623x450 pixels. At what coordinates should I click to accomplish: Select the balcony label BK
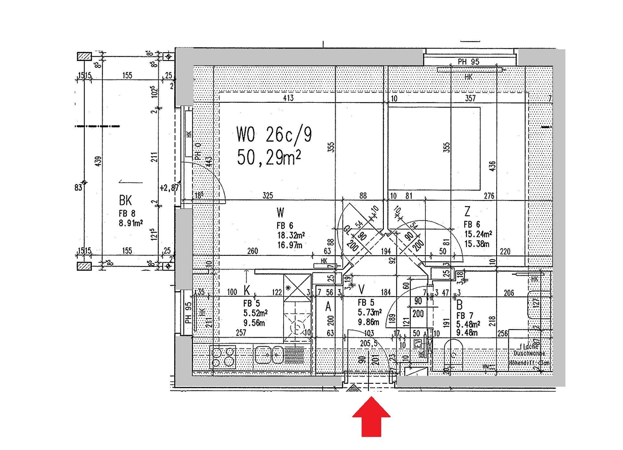[x=125, y=201]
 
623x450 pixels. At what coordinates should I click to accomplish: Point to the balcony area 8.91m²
[x=131, y=223]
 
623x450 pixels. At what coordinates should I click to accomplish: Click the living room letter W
[x=280, y=213]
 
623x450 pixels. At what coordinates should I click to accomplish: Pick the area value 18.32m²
[x=291, y=235]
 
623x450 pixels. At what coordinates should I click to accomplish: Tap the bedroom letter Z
[x=467, y=212]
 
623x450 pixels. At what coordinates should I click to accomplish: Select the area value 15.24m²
[x=478, y=234]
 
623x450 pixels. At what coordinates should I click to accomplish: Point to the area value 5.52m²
[x=255, y=313]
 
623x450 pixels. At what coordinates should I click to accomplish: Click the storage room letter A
[x=328, y=306]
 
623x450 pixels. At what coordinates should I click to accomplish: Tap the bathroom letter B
[x=459, y=305]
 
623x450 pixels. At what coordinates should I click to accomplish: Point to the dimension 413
[x=288, y=98]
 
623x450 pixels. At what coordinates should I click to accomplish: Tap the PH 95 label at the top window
[x=468, y=62]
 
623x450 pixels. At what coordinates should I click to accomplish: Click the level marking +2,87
[x=169, y=188]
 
